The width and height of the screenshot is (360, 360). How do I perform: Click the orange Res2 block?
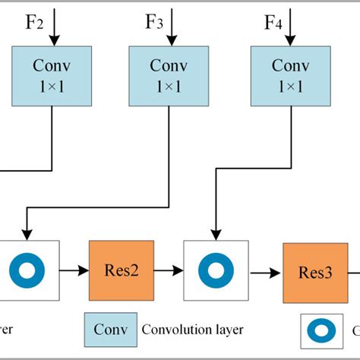122,270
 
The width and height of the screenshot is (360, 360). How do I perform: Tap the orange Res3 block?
315,272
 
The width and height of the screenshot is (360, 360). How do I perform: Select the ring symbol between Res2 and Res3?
216,270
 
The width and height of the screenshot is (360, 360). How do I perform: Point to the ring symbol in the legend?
322,331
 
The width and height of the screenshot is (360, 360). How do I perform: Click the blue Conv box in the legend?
110,330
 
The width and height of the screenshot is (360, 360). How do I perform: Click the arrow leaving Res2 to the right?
169,270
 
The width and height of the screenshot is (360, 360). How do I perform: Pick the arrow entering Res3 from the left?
265,270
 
